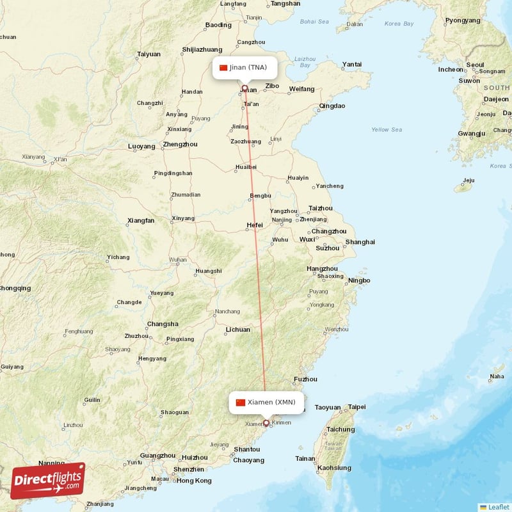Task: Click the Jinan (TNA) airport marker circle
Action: click(x=244, y=88)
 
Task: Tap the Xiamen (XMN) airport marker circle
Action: click(x=266, y=422)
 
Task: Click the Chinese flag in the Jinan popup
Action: click(x=223, y=67)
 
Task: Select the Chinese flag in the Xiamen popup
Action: click(x=241, y=403)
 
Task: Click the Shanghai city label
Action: click(x=360, y=242)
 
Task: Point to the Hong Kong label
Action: click(x=193, y=481)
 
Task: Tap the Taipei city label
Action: click(x=356, y=407)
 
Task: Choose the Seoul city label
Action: click(x=475, y=65)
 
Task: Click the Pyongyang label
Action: click(x=462, y=20)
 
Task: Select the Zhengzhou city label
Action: click(x=180, y=144)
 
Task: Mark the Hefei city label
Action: click(x=255, y=225)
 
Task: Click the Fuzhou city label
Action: click(x=305, y=379)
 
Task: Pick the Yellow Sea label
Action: click(x=387, y=130)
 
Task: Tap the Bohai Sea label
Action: click(x=314, y=22)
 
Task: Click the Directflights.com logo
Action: click(x=48, y=481)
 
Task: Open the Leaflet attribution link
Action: click(x=498, y=506)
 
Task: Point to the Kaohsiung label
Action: click(x=333, y=468)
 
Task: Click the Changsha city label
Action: click(x=163, y=324)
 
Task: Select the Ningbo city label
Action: click(x=359, y=280)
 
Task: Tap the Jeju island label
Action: click(x=469, y=180)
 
